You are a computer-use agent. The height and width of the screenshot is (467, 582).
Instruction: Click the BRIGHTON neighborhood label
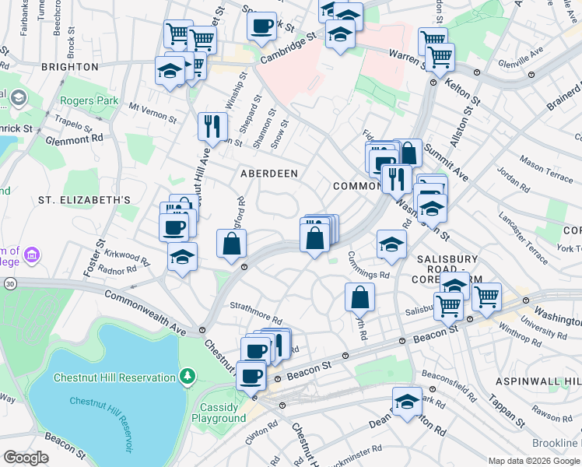[x=68, y=67]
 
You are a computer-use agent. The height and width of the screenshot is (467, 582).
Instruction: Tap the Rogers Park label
[x=89, y=100]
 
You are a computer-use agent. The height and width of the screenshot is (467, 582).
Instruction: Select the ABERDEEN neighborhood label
[x=268, y=174]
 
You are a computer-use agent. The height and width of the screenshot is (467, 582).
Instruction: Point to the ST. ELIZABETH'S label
[x=84, y=200]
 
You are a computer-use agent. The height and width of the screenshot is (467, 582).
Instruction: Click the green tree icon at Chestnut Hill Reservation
[x=187, y=377]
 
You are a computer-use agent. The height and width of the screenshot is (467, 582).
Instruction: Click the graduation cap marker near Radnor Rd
[x=182, y=256]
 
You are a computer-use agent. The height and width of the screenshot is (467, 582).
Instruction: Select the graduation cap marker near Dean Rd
[x=406, y=401]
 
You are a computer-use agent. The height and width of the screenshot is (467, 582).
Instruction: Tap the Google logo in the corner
[x=26, y=458]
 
